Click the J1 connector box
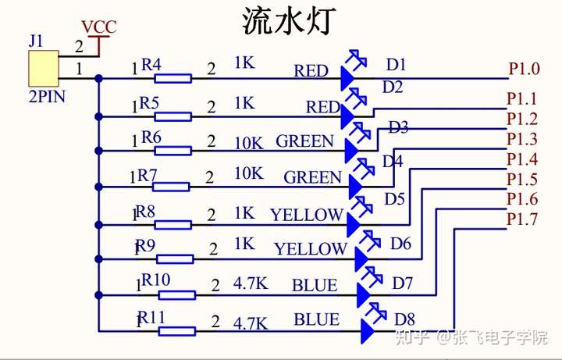click(43, 68)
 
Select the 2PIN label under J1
click(46, 98)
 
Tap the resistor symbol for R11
click(176, 331)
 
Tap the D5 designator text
click(394, 199)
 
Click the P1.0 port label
click(524, 69)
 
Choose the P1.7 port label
click(521, 220)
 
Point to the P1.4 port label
click(521, 160)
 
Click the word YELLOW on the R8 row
click(306, 214)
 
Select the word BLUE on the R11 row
click(316, 320)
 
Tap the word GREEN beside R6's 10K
click(304, 142)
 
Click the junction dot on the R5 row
click(98, 116)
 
